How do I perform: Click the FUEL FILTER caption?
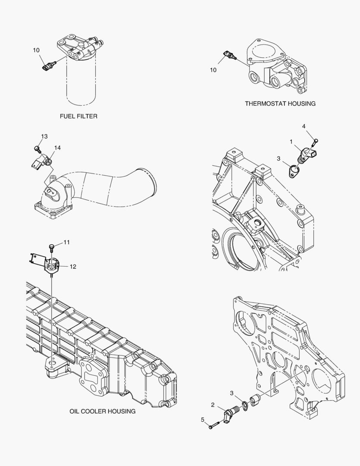[78, 116]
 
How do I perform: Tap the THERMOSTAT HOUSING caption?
[280, 104]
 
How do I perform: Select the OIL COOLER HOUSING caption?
[102, 411]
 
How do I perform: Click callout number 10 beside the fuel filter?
[36, 50]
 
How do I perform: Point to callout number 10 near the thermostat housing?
[213, 70]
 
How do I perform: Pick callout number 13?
[44, 137]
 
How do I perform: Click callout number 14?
[57, 148]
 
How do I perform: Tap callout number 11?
[66, 242]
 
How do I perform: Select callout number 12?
[72, 267]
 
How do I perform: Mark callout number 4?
[304, 126]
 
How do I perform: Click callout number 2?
[212, 405]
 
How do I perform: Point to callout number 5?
[202, 419]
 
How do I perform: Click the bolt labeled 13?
[37, 149]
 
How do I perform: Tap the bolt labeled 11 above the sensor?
[52, 247]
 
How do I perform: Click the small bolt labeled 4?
[316, 140]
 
